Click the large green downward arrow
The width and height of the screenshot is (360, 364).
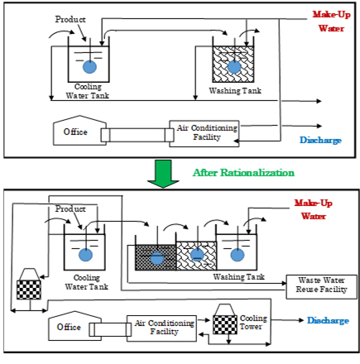click(163, 174)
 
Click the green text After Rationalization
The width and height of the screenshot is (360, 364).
click(243, 173)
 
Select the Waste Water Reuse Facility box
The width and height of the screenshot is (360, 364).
click(321, 287)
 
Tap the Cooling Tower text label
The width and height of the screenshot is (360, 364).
click(253, 322)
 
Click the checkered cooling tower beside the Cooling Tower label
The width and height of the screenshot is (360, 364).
click(225, 319)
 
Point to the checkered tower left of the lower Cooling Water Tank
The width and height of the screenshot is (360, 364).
click(29, 284)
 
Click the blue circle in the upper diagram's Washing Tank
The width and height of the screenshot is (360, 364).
click(234, 67)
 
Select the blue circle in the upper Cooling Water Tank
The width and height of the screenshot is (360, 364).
click(89, 67)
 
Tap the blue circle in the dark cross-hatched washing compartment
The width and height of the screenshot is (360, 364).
click(157, 258)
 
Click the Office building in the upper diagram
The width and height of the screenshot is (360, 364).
click(79, 130)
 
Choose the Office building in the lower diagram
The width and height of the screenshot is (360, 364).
click(74, 326)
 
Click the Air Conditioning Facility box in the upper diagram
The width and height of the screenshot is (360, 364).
click(204, 133)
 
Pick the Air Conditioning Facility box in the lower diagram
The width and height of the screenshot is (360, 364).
click(161, 328)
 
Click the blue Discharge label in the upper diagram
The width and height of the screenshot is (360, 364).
click(320, 140)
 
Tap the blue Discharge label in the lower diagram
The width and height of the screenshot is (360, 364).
click(328, 320)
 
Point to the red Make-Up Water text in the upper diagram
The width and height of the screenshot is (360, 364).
click(331, 22)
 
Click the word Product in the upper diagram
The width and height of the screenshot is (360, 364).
click(70, 19)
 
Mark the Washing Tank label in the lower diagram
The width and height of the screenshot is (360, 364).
click(239, 276)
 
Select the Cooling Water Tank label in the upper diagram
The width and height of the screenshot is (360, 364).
click(88, 91)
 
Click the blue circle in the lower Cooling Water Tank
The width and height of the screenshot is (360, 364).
click(86, 255)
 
